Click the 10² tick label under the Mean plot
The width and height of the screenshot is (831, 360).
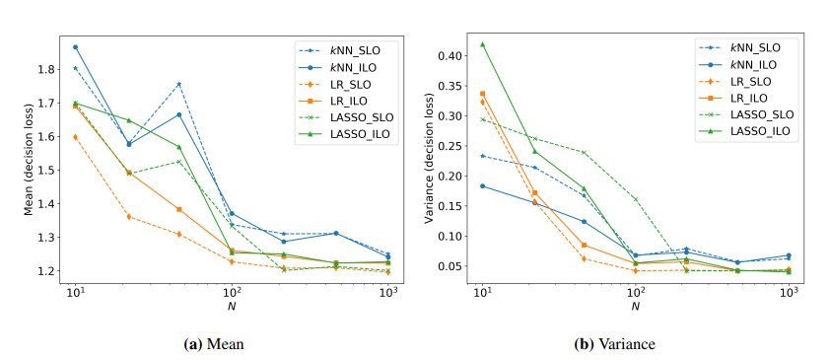(x=232, y=292)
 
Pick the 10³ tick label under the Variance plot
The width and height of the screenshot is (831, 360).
(x=790, y=292)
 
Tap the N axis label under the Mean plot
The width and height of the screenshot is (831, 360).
(x=232, y=306)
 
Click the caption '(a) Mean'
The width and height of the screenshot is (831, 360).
(x=214, y=344)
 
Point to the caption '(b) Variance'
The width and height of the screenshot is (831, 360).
(x=615, y=344)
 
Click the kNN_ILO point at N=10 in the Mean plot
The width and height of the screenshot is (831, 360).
(x=75, y=47)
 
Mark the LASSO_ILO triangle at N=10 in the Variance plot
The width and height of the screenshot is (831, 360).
(x=482, y=44)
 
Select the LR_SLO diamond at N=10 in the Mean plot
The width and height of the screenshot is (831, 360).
(x=75, y=137)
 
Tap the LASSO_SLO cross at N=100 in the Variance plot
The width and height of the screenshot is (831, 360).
(x=636, y=199)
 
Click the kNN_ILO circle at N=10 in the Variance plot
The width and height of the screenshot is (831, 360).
(x=482, y=186)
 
